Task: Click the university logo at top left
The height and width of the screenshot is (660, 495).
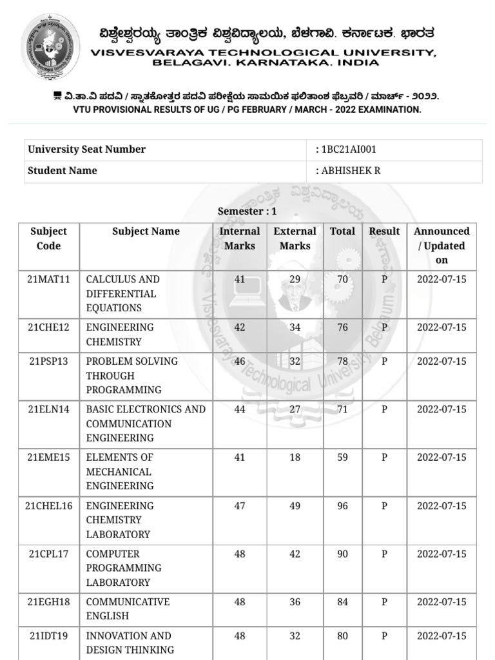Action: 51,47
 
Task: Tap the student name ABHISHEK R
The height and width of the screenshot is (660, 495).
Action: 347,171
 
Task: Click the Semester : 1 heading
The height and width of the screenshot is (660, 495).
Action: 247,211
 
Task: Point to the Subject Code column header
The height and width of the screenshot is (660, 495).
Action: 48,238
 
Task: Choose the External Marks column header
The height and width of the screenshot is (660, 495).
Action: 295,238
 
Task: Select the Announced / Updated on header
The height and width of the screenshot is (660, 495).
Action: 442,246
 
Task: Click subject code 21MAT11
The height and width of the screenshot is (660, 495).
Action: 48,280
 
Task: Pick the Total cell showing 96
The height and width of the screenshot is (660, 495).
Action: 342,506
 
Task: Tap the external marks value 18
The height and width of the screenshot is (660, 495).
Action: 295,458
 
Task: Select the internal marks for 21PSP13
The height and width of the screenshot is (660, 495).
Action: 240,362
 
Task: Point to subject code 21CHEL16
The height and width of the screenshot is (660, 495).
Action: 48,506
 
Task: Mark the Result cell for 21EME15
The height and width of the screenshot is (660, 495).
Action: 384,458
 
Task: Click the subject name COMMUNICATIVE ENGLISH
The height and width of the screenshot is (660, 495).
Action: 128,609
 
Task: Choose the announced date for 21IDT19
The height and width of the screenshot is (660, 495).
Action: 442,636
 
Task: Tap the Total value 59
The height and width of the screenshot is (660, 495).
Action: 342,458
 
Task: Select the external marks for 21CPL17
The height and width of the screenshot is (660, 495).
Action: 295,554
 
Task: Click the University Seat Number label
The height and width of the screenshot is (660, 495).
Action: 86,150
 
